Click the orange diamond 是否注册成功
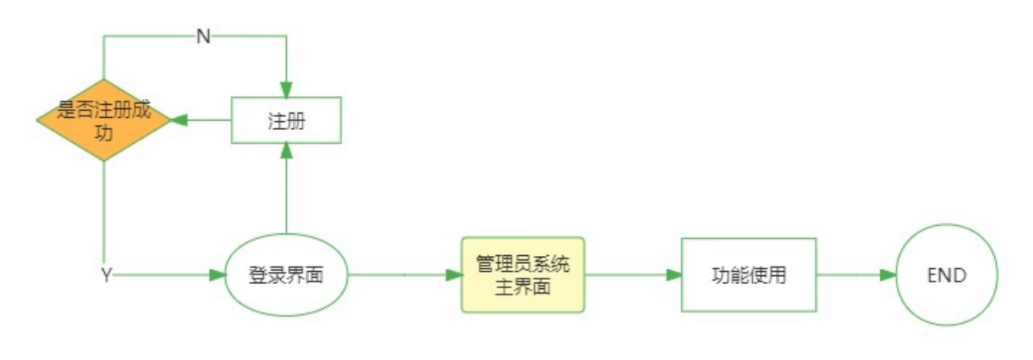click(103, 120)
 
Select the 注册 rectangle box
click(286, 120)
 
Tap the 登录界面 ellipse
click(286, 275)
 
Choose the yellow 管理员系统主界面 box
click(522, 275)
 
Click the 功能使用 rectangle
click(748, 275)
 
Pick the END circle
click(947, 275)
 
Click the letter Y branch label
click(106, 275)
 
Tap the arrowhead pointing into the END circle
click(887, 275)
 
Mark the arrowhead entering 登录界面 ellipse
click(217, 275)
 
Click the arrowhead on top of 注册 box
click(286, 90)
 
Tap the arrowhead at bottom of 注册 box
click(286, 152)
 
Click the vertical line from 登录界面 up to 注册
click(286, 194)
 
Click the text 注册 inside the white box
click(286, 121)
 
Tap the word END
click(947, 275)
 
